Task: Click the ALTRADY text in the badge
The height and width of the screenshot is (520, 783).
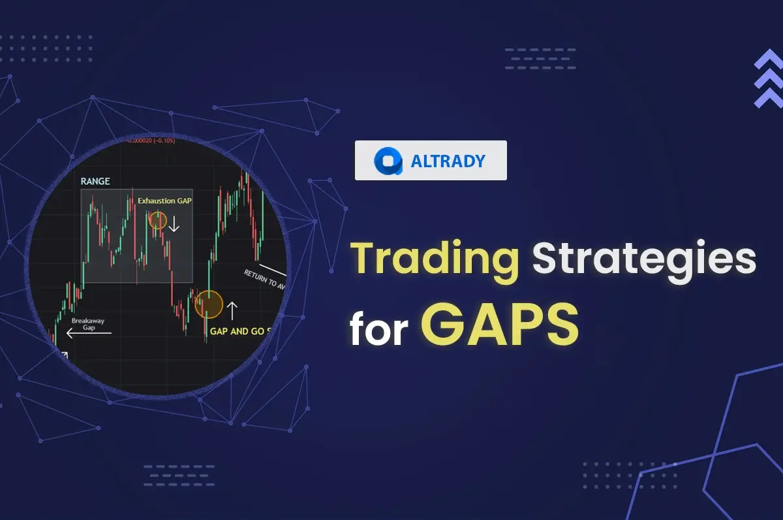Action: (x=448, y=161)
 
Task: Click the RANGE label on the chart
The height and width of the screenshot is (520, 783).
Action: (x=95, y=181)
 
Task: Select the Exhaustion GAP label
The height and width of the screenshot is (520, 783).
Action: (x=164, y=201)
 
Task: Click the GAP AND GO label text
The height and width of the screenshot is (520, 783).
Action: (x=239, y=331)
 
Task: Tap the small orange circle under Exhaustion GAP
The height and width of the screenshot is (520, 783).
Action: (x=157, y=220)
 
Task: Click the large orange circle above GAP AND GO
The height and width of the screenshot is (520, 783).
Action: (x=209, y=304)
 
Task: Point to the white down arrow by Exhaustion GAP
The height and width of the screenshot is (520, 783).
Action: (x=174, y=224)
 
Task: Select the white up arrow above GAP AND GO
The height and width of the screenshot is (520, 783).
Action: (x=232, y=310)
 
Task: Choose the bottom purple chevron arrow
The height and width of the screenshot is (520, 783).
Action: (x=768, y=99)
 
